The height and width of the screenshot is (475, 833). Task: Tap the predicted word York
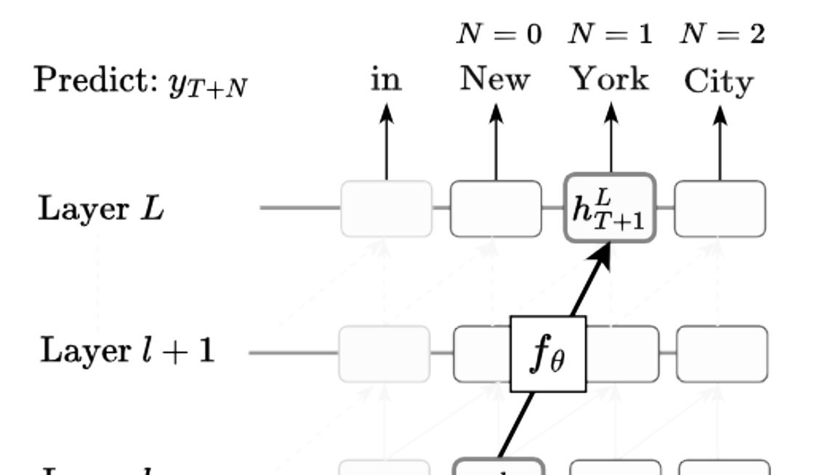[x=610, y=79]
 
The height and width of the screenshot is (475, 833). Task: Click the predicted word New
[x=495, y=79]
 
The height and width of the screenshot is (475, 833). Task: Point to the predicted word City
[x=719, y=82]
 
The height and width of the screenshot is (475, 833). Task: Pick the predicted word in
[x=386, y=79]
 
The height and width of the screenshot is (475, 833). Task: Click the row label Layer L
[x=100, y=209]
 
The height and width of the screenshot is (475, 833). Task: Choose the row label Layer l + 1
[x=127, y=352]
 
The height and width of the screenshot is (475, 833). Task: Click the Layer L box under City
[x=720, y=209]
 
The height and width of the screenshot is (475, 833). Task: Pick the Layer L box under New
[x=496, y=209]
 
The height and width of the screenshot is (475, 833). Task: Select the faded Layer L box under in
[x=386, y=209]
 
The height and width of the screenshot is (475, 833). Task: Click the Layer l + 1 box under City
[x=721, y=354]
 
